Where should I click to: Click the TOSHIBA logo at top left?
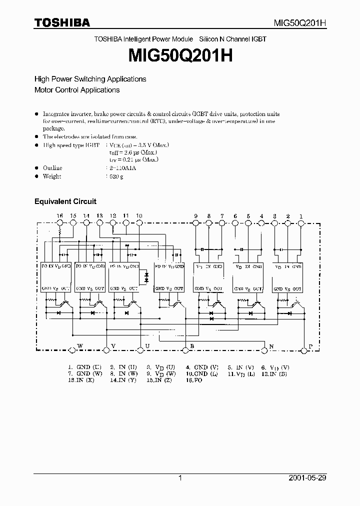[62, 22]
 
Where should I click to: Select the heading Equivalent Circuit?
[65, 201]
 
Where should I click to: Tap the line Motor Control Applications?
[76, 90]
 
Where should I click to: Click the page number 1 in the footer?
[180, 477]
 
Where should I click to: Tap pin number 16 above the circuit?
[59, 215]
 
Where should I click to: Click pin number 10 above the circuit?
[139, 215]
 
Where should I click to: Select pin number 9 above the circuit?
[196, 215]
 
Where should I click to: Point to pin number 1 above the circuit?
[301, 215]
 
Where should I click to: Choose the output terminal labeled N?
[271, 347]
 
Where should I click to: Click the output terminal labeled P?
[310, 347]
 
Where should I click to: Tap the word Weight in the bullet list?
[52, 176]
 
